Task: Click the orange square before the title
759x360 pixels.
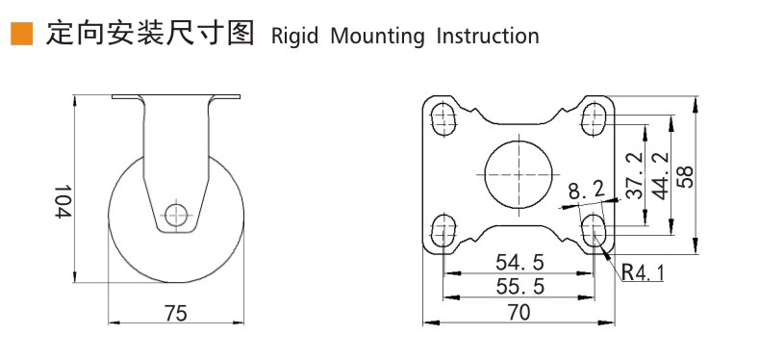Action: point(20,36)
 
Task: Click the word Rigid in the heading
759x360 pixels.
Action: point(294,37)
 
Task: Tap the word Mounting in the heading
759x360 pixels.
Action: point(377,37)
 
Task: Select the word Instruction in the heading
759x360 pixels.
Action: point(488,37)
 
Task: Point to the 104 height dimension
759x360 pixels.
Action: point(62,203)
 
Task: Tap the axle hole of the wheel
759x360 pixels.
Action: point(174,215)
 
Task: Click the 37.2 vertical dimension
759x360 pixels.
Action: point(633,175)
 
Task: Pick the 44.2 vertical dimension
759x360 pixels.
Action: point(660,175)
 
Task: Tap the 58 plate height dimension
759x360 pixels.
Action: point(686,174)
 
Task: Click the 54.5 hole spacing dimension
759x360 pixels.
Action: point(519,262)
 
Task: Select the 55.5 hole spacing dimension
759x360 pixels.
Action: point(519,286)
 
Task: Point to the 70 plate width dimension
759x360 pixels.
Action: point(519,311)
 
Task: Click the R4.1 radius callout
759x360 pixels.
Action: point(642,272)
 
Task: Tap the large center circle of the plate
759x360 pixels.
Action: point(519,174)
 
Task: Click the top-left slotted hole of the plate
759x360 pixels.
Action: point(443,118)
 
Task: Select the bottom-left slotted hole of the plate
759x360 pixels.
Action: point(443,230)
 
